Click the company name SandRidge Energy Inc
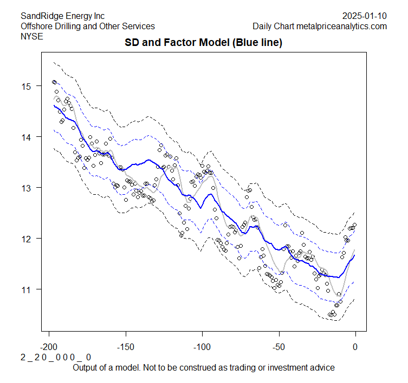tap(62, 16)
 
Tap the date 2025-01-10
tap(365, 16)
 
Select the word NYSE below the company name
tap(31, 36)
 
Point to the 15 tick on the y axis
tap(25, 86)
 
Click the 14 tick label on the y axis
tap(25, 137)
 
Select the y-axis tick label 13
tap(25, 188)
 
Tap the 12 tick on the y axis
tap(25, 239)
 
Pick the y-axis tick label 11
tap(25, 289)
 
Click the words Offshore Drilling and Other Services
tap(87, 26)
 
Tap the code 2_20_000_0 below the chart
tap(56, 358)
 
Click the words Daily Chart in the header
tap(271, 26)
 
